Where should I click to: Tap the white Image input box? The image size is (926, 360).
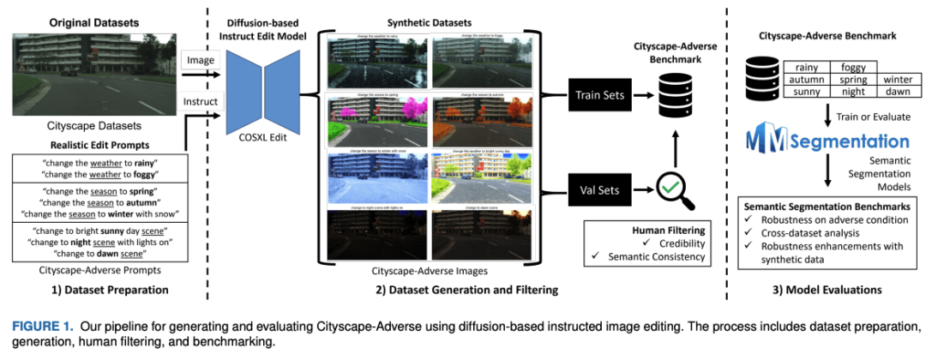click(x=202, y=62)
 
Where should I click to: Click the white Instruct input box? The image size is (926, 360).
click(x=202, y=102)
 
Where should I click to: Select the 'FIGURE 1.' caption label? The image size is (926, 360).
click(x=36, y=326)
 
